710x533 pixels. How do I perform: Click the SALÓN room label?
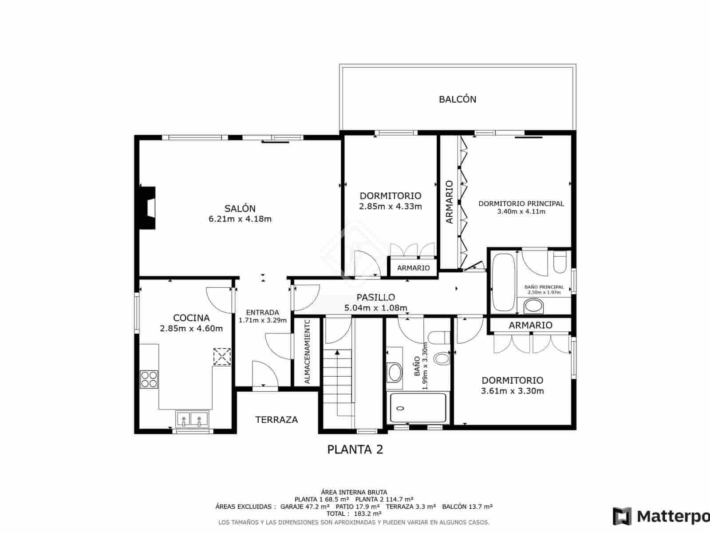(x=240, y=208)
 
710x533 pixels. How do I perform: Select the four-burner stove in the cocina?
(x=149, y=379)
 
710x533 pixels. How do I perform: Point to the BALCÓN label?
(x=458, y=99)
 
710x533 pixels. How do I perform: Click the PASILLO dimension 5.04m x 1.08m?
(x=375, y=308)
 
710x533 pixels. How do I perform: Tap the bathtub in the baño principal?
(x=503, y=282)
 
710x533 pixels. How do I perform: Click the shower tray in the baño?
(x=418, y=408)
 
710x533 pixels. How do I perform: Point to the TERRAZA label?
(x=276, y=420)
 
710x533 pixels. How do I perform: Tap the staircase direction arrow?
(x=337, y=352)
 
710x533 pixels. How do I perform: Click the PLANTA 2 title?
(x=355, y=449)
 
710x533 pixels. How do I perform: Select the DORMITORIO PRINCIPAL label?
(x=521, y=203)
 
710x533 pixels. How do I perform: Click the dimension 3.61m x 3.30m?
(x=512, y=391)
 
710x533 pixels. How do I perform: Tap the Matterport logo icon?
(x=622, y=516)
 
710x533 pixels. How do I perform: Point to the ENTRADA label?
(x=262, y=312)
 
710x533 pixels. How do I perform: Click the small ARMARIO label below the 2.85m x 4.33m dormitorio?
(x=413, y=268)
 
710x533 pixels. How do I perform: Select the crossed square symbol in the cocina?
(x=222, y=357)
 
